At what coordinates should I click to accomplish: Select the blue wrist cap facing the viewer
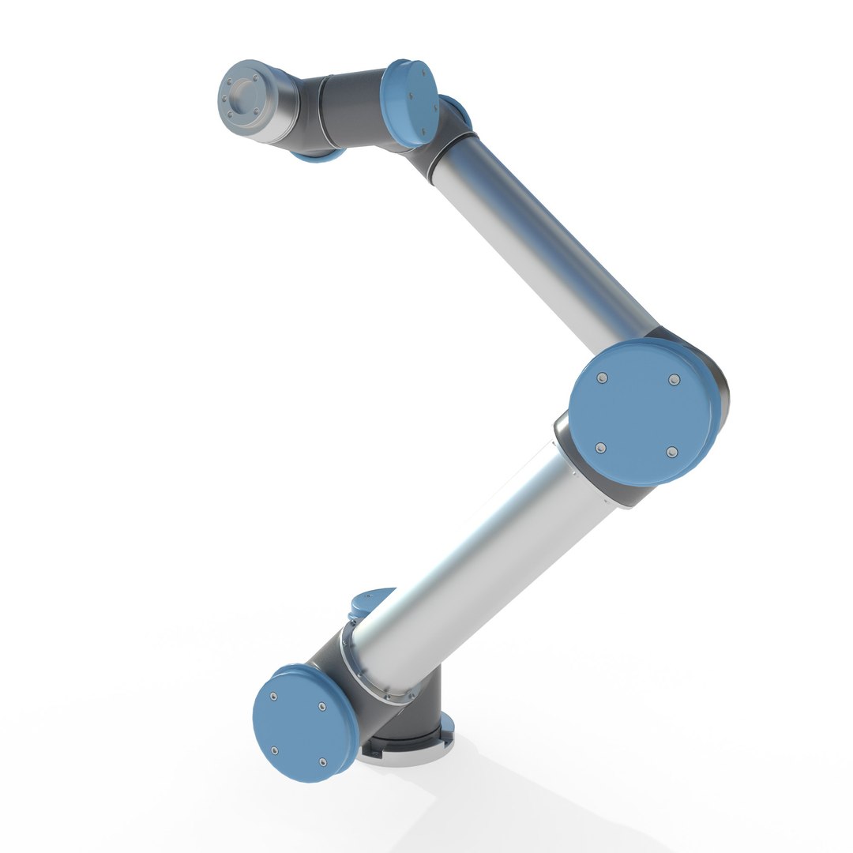411,103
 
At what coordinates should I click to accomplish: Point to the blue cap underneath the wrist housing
316,156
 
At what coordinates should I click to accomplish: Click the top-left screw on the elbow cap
603,378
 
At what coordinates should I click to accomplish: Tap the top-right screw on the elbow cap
674,381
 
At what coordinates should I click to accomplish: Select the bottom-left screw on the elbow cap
600,448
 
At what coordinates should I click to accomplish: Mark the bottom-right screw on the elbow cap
671,452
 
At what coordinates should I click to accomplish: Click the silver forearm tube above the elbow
545,237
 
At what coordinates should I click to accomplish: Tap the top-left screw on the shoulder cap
273,697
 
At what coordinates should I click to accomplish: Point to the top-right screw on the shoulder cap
321,706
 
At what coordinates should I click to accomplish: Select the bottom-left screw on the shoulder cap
274,750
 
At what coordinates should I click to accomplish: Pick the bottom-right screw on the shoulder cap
322,761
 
